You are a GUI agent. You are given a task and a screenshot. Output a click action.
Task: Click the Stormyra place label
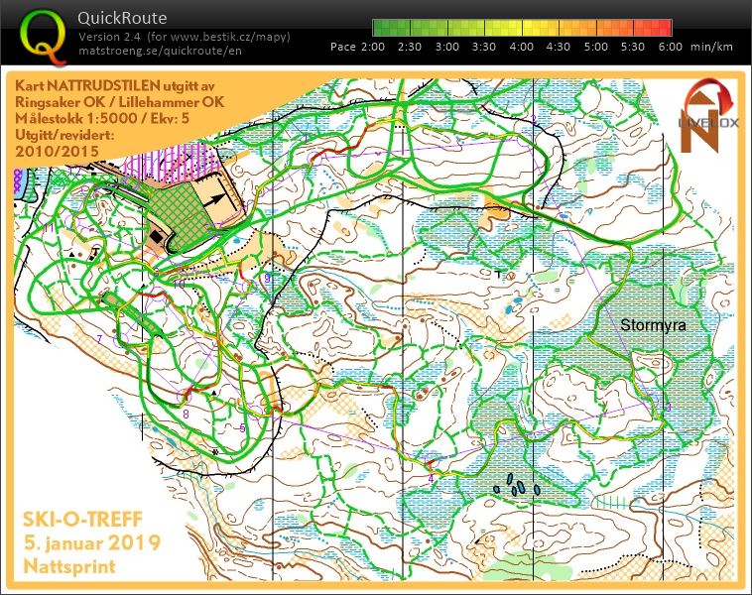[653, 324]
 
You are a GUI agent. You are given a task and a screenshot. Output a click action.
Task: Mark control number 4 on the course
[431, 478]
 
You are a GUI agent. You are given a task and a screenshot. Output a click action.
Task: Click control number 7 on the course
[99, 339]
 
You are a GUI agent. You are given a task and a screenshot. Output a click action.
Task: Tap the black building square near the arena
[157, 238]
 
